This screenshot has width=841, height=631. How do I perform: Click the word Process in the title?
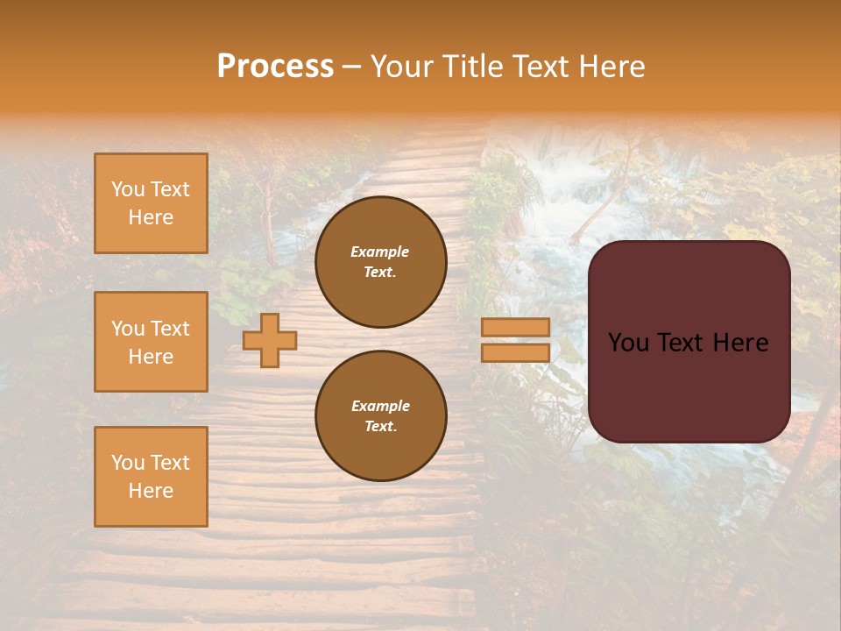[x=275, y=67]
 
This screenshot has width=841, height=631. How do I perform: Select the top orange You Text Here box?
[x=151, y=203]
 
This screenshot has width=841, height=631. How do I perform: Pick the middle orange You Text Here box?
[x=151, y=342]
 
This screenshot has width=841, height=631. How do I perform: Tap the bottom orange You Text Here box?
[x=151, y=476]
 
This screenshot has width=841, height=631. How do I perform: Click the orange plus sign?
[x=270, y=340]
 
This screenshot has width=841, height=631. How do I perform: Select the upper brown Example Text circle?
[x=380, y=262]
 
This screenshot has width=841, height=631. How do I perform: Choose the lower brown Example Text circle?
[x=380, y=416]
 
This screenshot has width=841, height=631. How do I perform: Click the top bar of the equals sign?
[x=515, y=327]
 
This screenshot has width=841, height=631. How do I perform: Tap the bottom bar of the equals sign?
[x=515, y=353]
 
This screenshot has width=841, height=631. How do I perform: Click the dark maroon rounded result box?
[x=689, y=342]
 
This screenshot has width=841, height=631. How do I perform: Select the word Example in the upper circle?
[x=380, y=252]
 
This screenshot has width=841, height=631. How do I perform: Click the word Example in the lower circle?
[x=380, y=406]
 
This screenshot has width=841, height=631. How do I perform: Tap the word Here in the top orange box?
[x=151, y=217]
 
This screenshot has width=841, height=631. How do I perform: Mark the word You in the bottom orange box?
[x=128, y=463]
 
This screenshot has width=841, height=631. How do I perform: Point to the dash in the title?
[x=352, y=67]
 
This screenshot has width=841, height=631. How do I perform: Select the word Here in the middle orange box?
[x=151, y=357]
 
